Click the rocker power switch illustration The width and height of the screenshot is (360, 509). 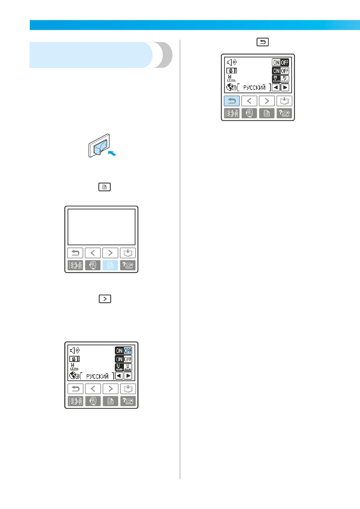pyautogui.click(x=99, y=145)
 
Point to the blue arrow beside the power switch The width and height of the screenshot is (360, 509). pyautogui.click(x=112, y=153)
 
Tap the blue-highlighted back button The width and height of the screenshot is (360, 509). pyautogui.click(x=232, y=101)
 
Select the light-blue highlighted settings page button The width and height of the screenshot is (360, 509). pyautogui.click(x=110, y=265)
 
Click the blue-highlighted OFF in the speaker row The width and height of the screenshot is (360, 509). pyautogui.click(x=128, y=351)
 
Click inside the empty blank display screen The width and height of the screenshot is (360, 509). pyautogui.click(x=101, y=227)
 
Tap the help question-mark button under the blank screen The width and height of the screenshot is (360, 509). pyautogui.click(x=128, y=265)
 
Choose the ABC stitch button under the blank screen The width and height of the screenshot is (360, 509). pyautogui.click(x=75, y=265)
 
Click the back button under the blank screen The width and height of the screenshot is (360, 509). pyautogui.click(x=75, y=253)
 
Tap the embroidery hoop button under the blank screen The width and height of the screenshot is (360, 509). pyautogui.click(x=93, y=265)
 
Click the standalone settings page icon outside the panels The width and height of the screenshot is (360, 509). pyautogui.click(x=104, y=187)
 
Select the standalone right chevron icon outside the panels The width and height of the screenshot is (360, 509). pyautogui.click(x=105, y=299)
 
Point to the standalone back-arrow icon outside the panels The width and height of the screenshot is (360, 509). pyautogui.click(x=263, y=42)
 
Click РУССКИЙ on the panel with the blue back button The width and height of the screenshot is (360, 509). pyautogui.click(x=254, y=87)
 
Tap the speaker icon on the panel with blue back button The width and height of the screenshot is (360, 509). pyautogui.click(x=232, y=62)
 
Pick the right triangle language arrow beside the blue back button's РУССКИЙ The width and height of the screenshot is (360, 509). pyautogui.click(x=285, y=87)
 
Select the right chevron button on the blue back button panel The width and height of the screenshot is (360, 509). pyautogui.click(x=267, y=101)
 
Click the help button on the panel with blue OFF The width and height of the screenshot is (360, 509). pyautogui.click(x=128, y=401)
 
